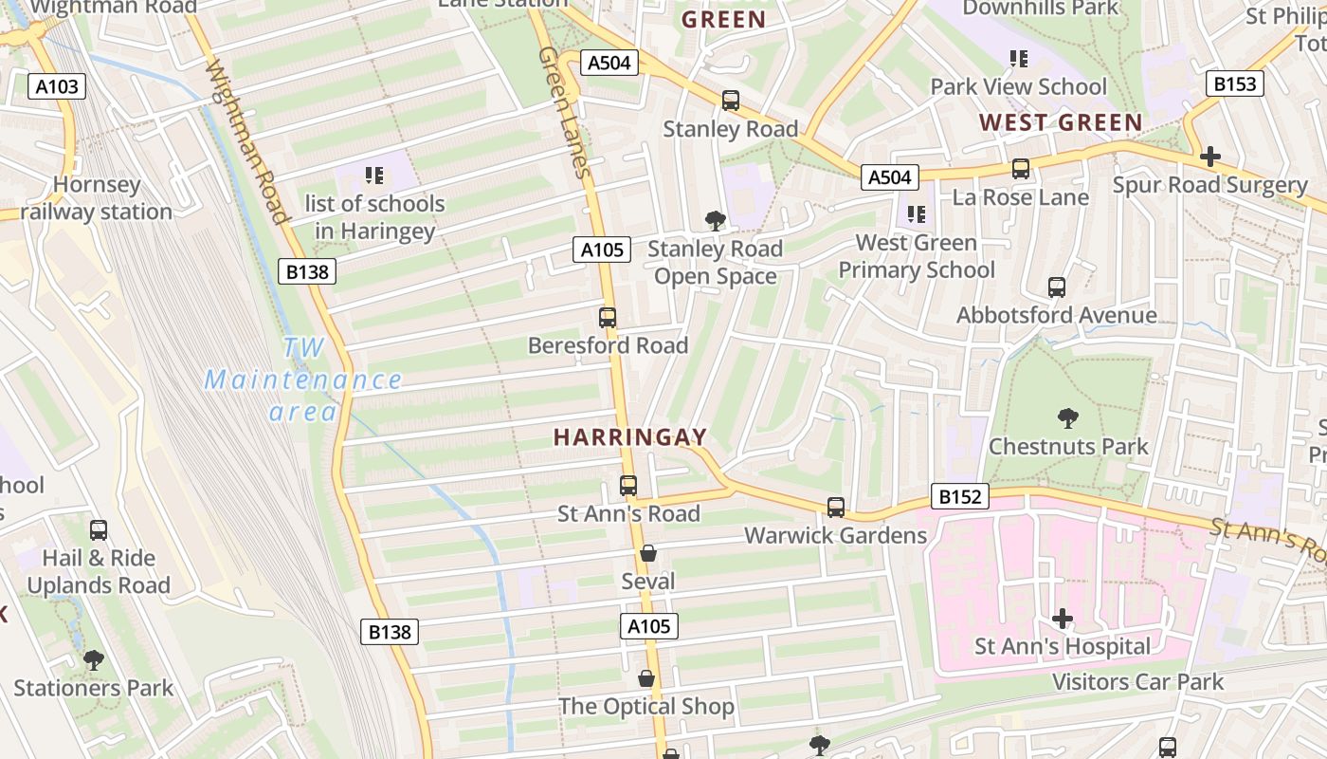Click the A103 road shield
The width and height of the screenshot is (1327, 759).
point(57,87)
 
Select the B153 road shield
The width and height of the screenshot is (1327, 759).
point(1235,83)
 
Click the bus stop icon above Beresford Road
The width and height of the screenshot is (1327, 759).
point(608,318)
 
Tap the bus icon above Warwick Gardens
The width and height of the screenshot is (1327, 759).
point(835,508)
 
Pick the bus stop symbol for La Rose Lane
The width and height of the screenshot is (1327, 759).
point(1021,169)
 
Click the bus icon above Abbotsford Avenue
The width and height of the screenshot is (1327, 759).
point(1056,287)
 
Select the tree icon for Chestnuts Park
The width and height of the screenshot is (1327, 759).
point(1067,417)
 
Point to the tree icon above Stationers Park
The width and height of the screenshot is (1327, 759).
point(93,659)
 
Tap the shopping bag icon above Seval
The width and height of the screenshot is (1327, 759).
point(648,553)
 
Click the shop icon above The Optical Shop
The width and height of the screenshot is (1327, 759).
point(646,678)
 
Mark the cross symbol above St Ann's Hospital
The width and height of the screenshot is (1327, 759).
point(1063,619)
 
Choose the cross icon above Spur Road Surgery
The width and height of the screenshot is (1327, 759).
point(1209,157)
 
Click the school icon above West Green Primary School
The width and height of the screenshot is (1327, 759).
point(916,214)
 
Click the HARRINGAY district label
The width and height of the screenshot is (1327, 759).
point(630,437)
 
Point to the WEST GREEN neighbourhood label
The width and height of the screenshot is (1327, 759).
point(1061,122)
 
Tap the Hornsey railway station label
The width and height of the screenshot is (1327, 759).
point(97,198)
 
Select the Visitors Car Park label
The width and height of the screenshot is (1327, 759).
point(1137,681)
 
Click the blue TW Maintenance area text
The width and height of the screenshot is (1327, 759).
point(303,379)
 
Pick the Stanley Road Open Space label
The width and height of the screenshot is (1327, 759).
point(716,263)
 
